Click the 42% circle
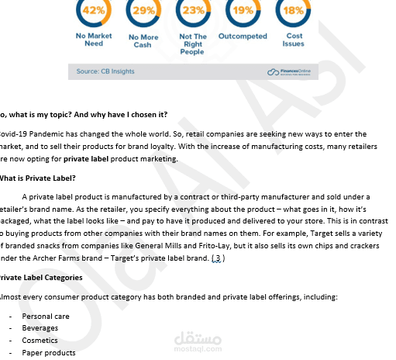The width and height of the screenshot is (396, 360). (94, 10)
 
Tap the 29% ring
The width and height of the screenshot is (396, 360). (143, 10)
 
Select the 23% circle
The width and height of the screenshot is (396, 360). (193, 10)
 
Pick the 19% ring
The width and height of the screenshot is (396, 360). (243, 10)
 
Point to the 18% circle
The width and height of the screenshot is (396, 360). (294, 10)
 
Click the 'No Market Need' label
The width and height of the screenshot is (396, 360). (94, 40)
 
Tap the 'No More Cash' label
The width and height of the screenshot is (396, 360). (143, 40)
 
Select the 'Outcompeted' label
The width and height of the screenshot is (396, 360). (243, 36)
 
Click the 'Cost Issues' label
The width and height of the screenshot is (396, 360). (294, 40)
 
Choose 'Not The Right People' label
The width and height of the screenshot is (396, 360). (193, 44)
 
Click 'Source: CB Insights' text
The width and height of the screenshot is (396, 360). (105, 71)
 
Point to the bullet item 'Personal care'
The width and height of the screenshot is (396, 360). (46, 317)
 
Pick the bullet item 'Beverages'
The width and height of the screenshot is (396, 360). (40, 328)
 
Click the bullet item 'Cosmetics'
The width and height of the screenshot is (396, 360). (40, 341)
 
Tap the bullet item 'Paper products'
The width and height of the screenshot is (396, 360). (49, 353)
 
